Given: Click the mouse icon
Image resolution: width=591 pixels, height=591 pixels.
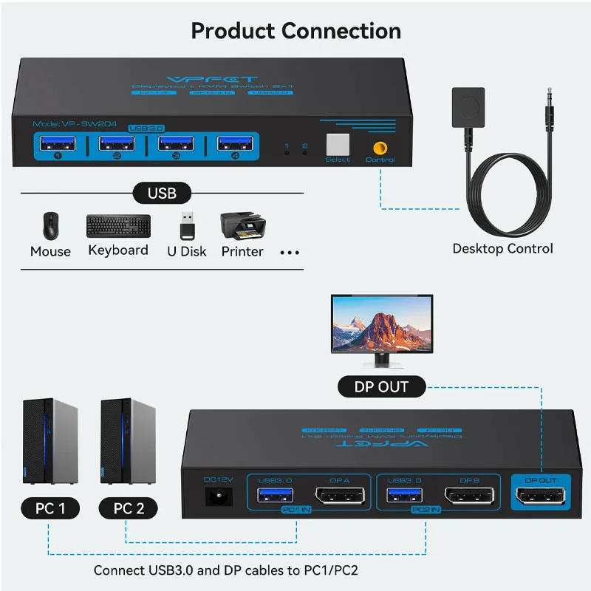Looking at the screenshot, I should (50, 226).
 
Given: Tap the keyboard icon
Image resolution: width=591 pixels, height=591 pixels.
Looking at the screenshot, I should (118, 225).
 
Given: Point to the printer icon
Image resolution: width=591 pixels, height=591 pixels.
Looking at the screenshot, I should (242, 225).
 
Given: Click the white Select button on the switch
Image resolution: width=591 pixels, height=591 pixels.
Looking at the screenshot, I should (338, 144).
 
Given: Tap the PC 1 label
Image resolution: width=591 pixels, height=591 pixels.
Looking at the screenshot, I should (50, 508).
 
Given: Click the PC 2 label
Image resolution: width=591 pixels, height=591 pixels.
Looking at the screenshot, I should (129, 508).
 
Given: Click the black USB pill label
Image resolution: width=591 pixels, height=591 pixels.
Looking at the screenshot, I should (162, 194).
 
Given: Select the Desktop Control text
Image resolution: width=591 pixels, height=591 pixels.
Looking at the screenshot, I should (502, 248).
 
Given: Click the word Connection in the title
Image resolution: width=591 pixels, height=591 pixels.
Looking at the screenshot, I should (341, 31).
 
